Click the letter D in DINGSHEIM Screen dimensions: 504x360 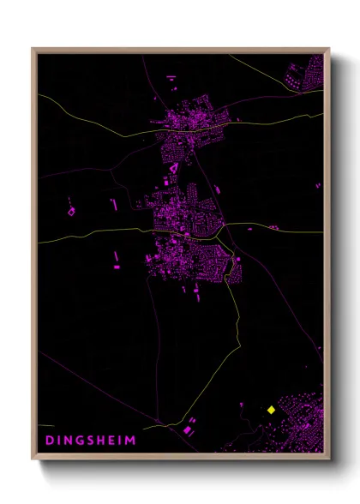[x=48, y=441]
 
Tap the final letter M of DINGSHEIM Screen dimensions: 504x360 [x=131, y=441]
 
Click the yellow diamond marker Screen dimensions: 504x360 [x=271, y=410]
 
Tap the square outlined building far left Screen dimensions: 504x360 [x=71, y=210]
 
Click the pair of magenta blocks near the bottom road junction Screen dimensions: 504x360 [x=188, y=428]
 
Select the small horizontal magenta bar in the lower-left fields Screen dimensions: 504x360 [x=117, y=267]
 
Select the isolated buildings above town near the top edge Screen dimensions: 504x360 [x=171, y=82]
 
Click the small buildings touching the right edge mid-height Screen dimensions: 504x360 [x=319, y=185]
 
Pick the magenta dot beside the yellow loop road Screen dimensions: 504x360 [x=237, y=258]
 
